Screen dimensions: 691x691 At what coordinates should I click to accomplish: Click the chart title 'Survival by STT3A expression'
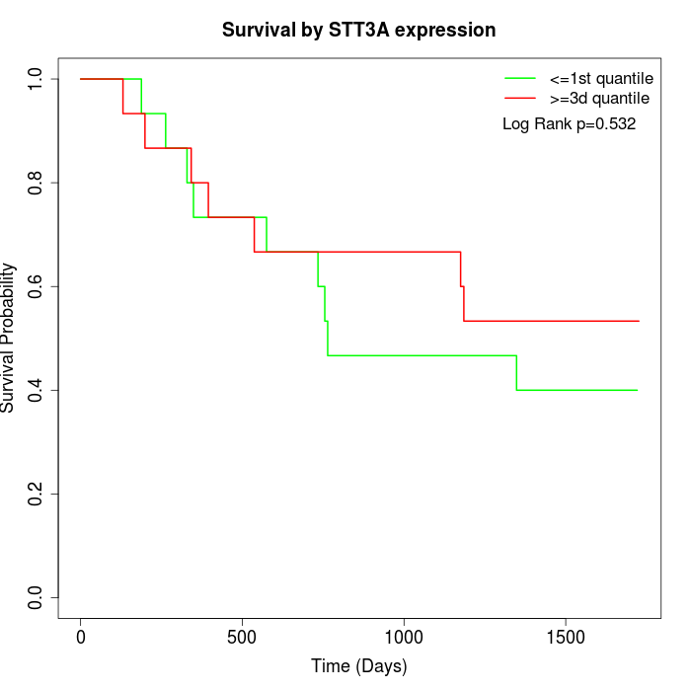(x=358, y=30)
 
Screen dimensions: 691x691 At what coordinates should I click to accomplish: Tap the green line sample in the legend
(x=520, y=78)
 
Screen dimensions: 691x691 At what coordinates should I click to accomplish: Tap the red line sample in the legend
(x=520, y=98)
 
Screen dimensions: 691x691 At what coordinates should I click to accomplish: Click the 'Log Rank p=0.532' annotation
(x=569, y=124)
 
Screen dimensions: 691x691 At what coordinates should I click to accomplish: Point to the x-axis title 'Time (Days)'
(x=358, y=666)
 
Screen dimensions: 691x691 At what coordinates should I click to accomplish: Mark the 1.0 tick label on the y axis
(x=37, y=79)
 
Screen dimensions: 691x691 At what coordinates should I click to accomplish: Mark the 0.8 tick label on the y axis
(x=37, y=183)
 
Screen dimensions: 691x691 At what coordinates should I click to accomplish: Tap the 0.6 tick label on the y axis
(x=37, y=286)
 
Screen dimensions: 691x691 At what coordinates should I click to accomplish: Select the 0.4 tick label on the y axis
(x=37, y=390)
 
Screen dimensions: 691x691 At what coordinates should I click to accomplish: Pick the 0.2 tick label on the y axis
(x=37, y=494)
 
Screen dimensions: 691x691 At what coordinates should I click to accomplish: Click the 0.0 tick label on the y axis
(x=37, y=597)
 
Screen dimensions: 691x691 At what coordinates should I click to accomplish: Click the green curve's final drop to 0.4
(x=516, y=373)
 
